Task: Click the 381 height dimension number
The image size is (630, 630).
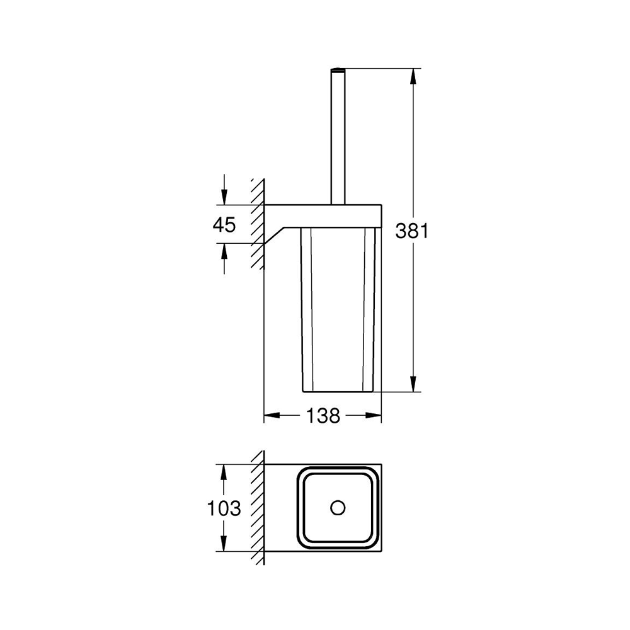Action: point(412,231)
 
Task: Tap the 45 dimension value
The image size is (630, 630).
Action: point(224,225)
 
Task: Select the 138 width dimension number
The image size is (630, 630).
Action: point(323,415)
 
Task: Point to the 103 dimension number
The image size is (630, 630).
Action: point(224,508)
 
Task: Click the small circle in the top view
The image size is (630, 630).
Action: point(338,508)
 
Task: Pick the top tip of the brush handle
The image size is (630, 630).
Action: point(338,69)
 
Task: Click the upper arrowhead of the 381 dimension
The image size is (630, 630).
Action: point(413,76)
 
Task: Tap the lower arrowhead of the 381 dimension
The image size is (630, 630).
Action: point(413,383)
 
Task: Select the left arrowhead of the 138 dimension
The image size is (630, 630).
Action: point(272,415)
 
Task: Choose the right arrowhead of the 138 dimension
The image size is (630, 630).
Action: point(373,415)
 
